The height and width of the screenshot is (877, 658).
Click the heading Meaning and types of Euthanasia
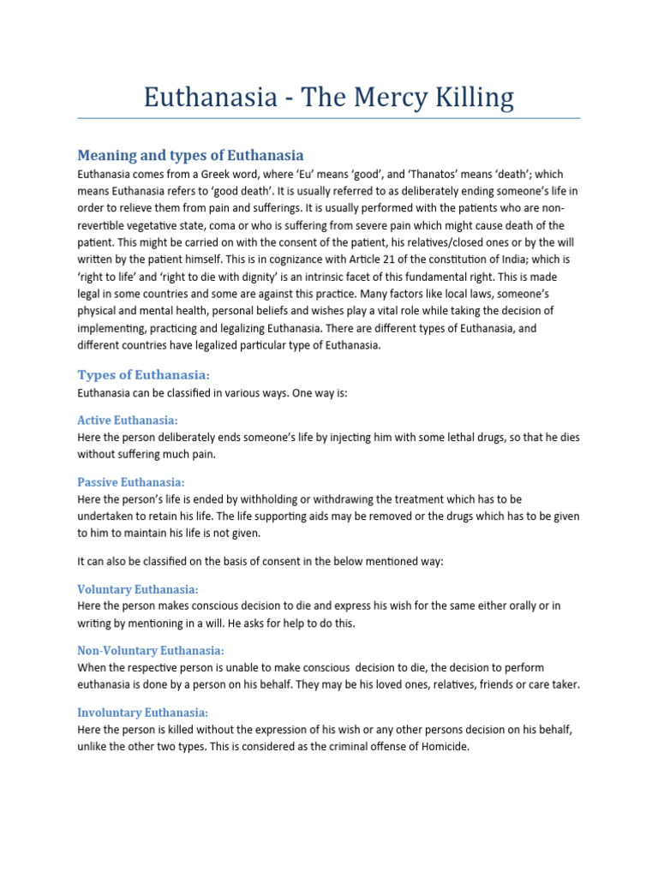coord(190,155)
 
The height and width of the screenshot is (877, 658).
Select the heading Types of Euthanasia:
coord(143,375)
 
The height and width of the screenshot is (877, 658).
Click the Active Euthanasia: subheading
coord(128,420)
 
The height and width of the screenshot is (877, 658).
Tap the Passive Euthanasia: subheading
coord(130,482)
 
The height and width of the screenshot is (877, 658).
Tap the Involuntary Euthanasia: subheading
coord(143,713)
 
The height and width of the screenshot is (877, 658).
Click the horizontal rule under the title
coord(329,118)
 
